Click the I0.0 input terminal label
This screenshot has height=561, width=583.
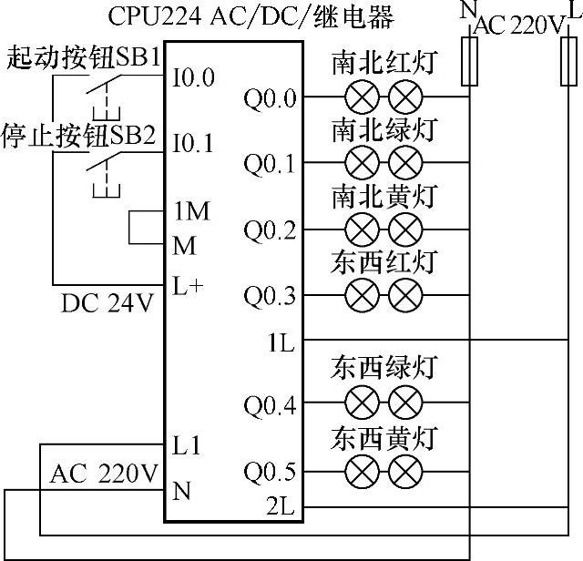[x=193, y=78]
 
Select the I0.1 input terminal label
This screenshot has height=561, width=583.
[x=193, y=144]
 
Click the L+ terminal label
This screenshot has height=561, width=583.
[x=188, y=283]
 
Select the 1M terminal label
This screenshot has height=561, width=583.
[x=190, y=211]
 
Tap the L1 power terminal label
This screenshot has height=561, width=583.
[x=186, y=447]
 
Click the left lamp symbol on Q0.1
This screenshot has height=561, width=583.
[x=363, y=164]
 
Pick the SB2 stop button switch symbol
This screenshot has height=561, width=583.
[x=101, y=169]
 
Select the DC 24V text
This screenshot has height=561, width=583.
[x=108, y=302]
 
